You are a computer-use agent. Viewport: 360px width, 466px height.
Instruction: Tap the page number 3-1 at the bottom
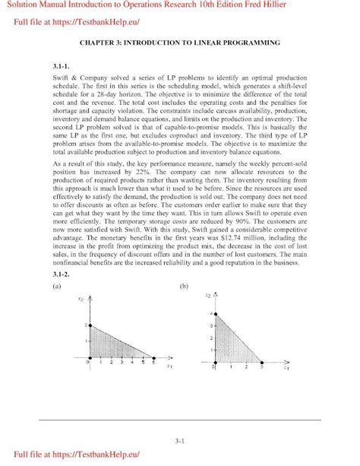point(179,439)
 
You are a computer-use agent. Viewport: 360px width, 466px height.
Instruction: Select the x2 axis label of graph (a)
point(81,300)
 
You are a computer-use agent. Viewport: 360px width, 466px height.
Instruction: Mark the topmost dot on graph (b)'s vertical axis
point(218,312)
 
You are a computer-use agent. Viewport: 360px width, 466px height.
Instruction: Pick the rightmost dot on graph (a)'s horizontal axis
point(153,357)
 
